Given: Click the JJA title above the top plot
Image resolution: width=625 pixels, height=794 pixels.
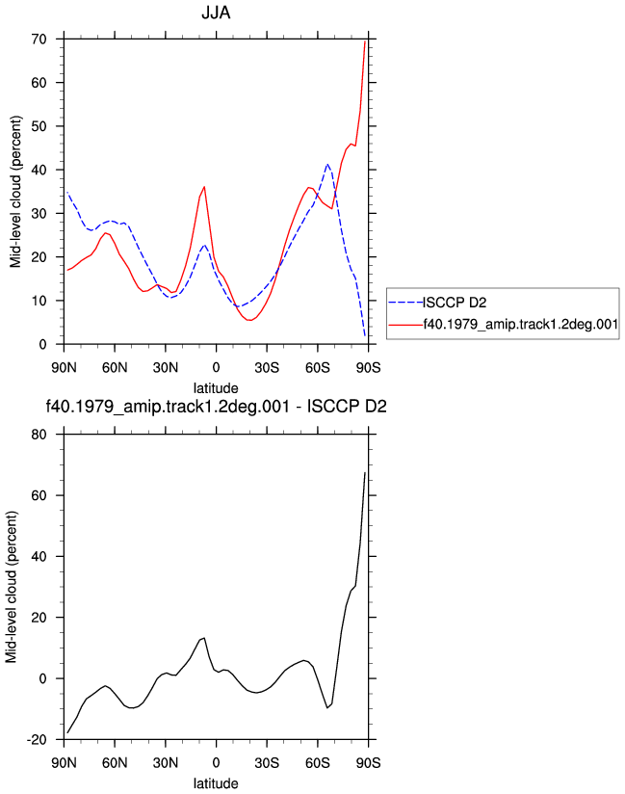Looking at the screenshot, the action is (216, 13).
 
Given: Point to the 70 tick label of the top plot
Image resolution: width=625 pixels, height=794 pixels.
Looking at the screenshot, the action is (39, 39).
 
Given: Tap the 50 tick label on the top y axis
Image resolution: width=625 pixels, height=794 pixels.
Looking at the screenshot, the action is (39, 126).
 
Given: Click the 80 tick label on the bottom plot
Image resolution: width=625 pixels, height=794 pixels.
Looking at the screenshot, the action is (39, 435).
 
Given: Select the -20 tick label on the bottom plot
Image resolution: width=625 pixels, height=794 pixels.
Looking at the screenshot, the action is (37, 740).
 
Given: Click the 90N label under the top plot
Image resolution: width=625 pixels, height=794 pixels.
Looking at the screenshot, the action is (64, 368).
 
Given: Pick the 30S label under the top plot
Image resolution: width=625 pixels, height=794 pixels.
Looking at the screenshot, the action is (267, 368).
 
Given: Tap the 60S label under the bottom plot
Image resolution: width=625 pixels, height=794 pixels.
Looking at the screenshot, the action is (318, 762).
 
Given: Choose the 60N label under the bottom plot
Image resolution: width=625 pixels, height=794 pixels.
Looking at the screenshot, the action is (115, 762).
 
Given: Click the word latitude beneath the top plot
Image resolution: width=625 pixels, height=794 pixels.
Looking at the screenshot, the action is (216, 388).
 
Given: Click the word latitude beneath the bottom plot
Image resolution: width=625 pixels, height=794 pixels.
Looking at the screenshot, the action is (216, 783).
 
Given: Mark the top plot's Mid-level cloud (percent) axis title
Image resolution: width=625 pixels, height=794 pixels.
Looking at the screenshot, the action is (15, 192).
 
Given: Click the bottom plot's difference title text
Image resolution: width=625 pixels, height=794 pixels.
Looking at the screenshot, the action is (216, 406).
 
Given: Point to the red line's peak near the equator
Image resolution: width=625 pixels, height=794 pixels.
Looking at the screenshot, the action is (204, 187).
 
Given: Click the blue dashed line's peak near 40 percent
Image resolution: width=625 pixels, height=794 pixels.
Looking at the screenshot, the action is (327, 165).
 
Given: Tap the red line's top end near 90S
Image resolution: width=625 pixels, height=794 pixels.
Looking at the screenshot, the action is (365, 41).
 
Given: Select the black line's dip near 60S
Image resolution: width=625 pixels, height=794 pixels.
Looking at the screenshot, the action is (327, 707).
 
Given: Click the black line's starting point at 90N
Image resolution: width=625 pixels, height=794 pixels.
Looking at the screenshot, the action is (67, 732).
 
